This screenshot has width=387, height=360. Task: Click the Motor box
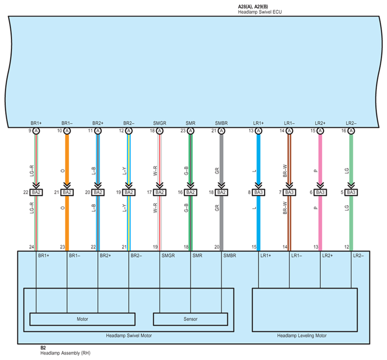click(82, 319)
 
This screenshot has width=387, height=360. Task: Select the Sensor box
click(190, 319)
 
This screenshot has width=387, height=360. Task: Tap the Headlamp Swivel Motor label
click(129, 336)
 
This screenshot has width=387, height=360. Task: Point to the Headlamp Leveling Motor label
click(302, 336)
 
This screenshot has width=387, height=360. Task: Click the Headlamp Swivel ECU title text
click(260, 12)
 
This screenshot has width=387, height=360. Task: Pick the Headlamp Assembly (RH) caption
click(66, 353)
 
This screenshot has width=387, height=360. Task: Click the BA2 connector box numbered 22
click(36, 192)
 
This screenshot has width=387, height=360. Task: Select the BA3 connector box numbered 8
click(259, 192)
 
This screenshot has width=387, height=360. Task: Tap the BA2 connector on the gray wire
click(221, 192)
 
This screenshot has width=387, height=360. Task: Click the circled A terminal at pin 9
click(36, 131)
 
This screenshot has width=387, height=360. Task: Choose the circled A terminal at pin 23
click(191, 131)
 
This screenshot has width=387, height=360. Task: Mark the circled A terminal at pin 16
click(351, 131)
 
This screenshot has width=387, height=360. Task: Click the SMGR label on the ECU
click(159, 123)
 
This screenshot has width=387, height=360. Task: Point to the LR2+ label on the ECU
click(320, 123)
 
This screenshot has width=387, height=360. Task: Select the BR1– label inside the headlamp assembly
click(75, 255)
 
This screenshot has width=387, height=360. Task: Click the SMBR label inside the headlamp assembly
click(229, 255)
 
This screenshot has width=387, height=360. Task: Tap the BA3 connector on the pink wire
click(320, 192)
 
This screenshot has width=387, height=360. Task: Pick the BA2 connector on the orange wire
click(67, 192)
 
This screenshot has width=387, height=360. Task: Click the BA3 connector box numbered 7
click(289, 192)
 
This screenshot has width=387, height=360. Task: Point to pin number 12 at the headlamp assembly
click(346, 247)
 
